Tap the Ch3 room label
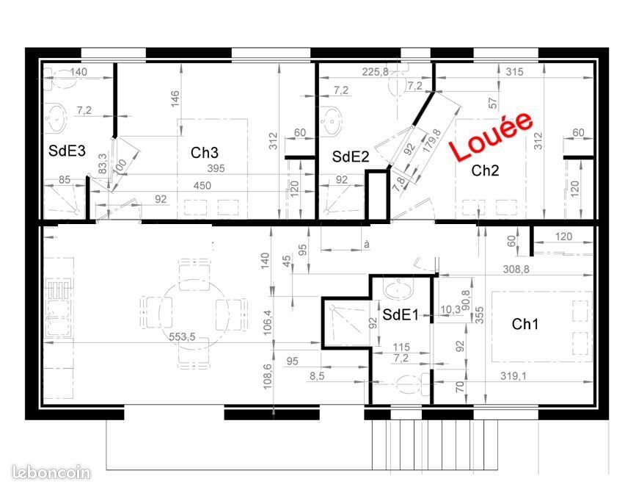[205, 153]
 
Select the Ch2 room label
[485, 171]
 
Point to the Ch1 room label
[525, 323]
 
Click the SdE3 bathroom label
[67, 151]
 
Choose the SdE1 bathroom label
[400, 314]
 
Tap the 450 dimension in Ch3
[202, 186]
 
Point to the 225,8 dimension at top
[375, 72]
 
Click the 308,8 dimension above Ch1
[516, 269]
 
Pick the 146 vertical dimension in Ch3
[175, 98]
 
